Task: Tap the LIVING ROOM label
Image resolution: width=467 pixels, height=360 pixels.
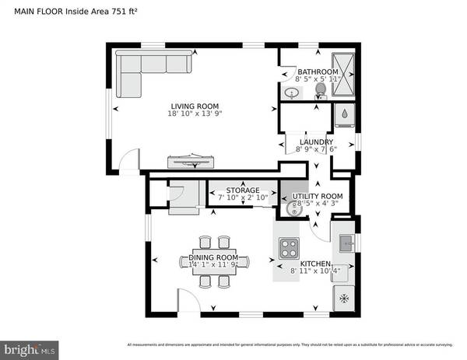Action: [x=195, y=106]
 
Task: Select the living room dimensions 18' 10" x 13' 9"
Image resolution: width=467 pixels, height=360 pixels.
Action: [x=195, y=114]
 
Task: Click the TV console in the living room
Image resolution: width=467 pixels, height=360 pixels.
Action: [x=191, y=162]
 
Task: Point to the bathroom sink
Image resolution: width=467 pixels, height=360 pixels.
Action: [x=291, y=94]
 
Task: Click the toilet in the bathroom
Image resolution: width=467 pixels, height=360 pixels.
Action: [x=319, y=91]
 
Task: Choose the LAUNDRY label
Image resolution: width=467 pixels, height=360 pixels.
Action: [x=316, y=142]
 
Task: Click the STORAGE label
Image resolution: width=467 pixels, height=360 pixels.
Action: [x=242, y=190]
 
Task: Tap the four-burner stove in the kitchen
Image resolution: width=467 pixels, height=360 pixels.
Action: [x=290, y=249]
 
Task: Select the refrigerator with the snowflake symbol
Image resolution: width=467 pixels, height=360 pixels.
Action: [x=344, y=299]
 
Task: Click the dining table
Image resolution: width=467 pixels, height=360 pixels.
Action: [x=213, y=261]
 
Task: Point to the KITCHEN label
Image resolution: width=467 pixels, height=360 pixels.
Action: [x=316, y=264]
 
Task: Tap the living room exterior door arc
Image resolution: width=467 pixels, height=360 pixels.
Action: [x=130, y=159]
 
